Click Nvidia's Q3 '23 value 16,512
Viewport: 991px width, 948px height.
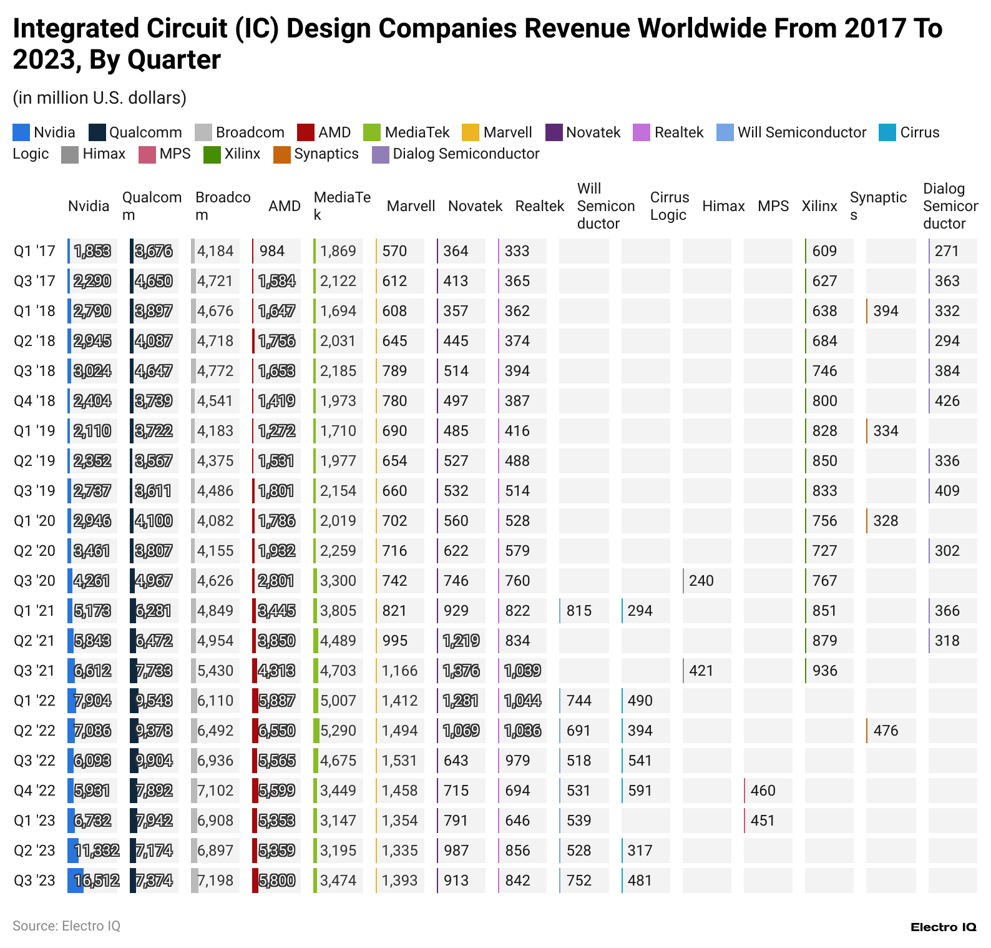pyautogui.click(x=97, y=881)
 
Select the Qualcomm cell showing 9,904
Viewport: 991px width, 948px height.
pyautogui.click(x=154, y=761)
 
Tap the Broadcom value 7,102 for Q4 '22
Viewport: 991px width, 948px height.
pyautogui.click(x=215, y=791)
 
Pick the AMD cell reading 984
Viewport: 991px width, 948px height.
pyautogui.click(x=272, y=251)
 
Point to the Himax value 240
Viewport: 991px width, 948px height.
pyautogui.click(x=701, y=581)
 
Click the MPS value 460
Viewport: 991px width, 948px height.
pyautogui.click(x=763, y=791)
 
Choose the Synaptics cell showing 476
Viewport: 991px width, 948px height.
pyautogui.click(x=886, y=731)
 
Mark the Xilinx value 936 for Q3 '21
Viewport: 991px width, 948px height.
pyautogui.click(x=824, y=671)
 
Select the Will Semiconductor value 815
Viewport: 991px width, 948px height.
pyautogui.click(x=578, y=611)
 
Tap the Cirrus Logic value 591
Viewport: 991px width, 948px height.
pyautogui.click(x=640, y=791)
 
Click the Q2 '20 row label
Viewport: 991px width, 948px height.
pyautogui.click(x=34, y=551)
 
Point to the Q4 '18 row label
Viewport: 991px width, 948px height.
pyautogui.click(x=34, y=401)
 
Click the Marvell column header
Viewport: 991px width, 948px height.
pyautogui.click(x=411, y=206)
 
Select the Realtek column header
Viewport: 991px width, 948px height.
pyautogui.click(x=539, y=206)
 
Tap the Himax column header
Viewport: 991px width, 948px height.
pyautogui.click(x=723, y=206)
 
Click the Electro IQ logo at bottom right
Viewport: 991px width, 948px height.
pyautogui.click(x=943, y=927)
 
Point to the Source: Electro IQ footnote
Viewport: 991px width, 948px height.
pyautogui.click(x=66, y=926)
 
